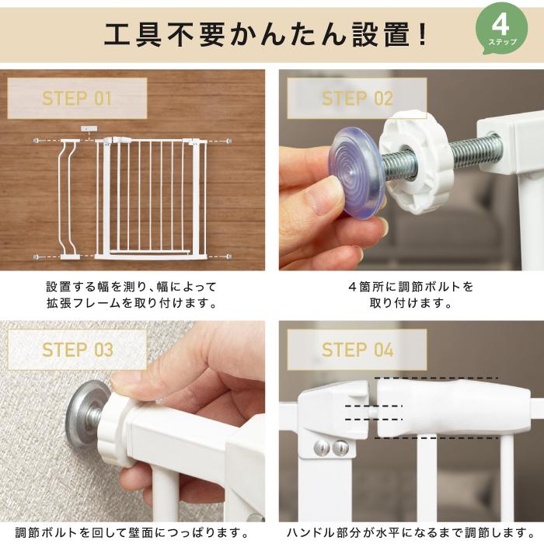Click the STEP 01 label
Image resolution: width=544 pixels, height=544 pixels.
point(77,99)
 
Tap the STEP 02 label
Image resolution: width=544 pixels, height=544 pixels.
point(357,99)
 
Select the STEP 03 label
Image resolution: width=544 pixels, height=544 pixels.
point(77,350)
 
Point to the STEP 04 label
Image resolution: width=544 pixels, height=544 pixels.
point(357,350)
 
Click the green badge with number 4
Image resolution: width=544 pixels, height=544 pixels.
point(502,29)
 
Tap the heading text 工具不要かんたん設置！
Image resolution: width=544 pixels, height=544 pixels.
point(266,35)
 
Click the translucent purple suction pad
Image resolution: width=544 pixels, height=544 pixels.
point(357,173)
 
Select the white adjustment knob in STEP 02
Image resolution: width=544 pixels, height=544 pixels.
point(417,162)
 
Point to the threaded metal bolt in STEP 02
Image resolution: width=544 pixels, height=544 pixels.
point(441,158)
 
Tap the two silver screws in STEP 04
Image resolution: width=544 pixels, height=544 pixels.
point(331,448)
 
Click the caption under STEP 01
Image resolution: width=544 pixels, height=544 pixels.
point(132,295)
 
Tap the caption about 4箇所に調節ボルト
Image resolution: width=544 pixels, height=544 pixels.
point(411,295)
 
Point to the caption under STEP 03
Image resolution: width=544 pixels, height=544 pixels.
point(132,532)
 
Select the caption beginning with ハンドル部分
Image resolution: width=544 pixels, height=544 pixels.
point(411,532)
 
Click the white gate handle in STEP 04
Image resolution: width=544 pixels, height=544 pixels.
point(453,408)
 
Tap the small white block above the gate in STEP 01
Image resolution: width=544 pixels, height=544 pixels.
point(89,128)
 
